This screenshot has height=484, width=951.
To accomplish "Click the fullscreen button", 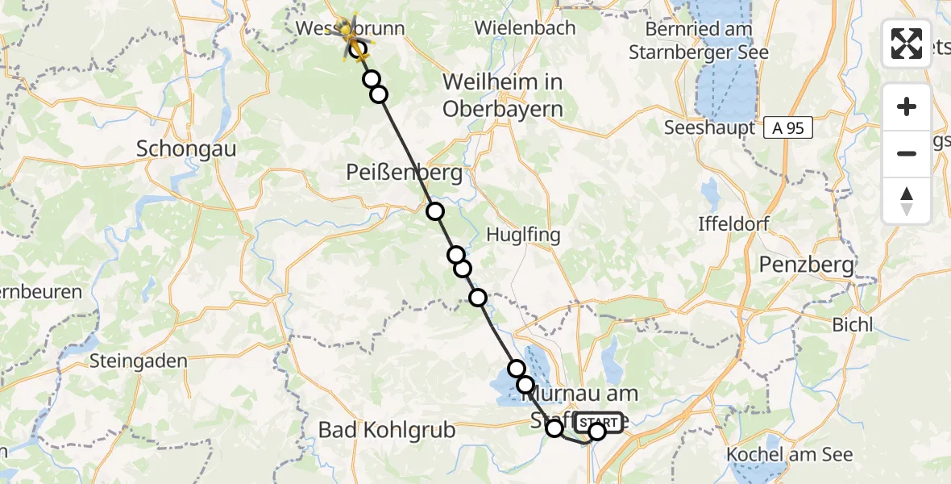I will click(x=907, y=44).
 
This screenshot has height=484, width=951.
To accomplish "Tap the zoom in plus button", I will click(x=907, y=106).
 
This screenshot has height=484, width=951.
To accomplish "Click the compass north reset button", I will click(x=907, y=201).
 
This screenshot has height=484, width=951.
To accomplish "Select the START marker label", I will click(x=599, y=422).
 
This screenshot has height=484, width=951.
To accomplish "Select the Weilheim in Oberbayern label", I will click(x=502, y=95).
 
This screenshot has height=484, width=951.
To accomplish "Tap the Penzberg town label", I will click(x=807, y=264).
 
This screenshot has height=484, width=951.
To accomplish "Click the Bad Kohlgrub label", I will click(x=387, y=430).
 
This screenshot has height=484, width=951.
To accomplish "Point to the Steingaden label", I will click(x=139, y=361).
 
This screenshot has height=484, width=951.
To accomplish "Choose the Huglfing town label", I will click(x=523, y=235).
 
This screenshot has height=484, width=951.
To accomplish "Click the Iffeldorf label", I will click(x=734, y=223).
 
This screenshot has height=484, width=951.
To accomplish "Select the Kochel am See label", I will click(x=789, y=454).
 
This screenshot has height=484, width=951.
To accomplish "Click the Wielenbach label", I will click(x=525, y=27).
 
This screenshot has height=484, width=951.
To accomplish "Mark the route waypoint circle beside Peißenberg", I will click(x=435, y=211).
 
